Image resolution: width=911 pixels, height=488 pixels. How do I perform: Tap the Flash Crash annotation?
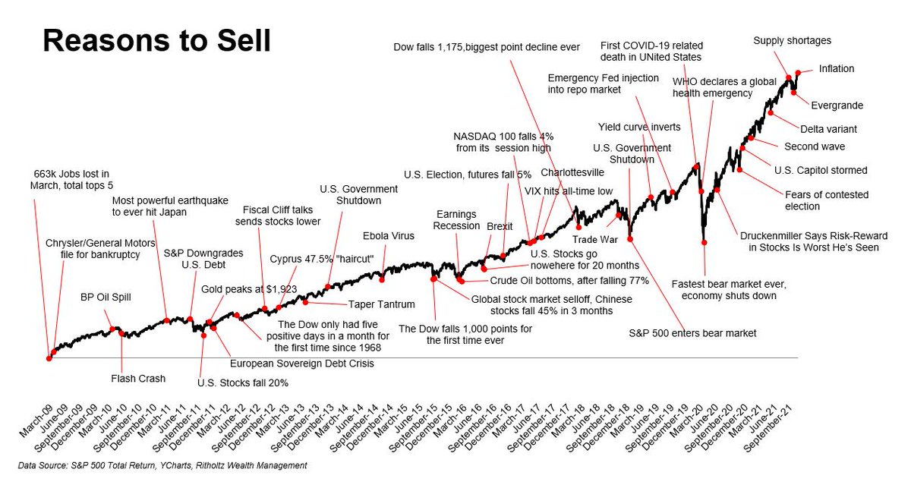[138, 378]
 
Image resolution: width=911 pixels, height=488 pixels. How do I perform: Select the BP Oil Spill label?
[108, 297]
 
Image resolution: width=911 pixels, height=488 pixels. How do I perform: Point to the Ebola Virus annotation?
[388, 236]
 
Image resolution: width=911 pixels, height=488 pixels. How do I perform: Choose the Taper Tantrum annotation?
[382, 304]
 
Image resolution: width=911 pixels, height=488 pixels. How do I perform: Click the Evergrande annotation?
[838, 105]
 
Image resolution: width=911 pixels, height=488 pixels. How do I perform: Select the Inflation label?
[837, 69]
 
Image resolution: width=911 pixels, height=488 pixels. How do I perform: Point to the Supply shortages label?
[792, 40]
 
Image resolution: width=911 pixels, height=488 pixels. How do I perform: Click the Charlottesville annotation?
[572, 172]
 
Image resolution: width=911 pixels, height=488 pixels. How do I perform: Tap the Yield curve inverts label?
[639, 127]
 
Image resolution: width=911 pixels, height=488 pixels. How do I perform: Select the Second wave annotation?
[814, 146]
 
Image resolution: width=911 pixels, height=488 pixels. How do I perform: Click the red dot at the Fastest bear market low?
[705, 242]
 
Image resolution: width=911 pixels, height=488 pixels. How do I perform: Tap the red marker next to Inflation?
[798, 74]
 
